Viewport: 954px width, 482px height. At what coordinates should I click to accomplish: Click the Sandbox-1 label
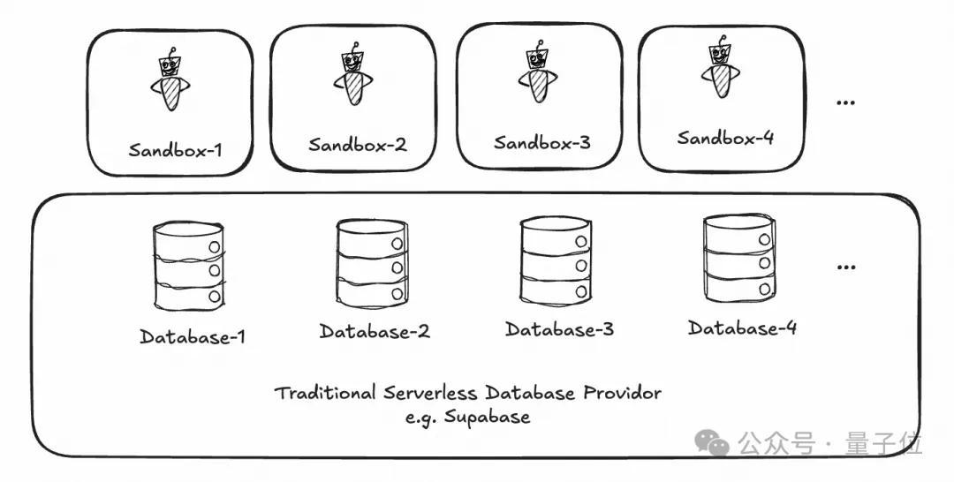(x=175, y=149)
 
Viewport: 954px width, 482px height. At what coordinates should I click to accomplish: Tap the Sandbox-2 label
(x=358, y=145)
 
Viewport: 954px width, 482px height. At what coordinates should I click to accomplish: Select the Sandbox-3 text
(x=542, y=143)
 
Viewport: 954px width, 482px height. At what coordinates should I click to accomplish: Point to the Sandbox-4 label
(x=726, y=138)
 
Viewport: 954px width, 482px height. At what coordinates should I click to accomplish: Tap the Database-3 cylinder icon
(x=556, y=260)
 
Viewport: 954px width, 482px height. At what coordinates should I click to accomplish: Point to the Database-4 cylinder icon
(x=740, y=258)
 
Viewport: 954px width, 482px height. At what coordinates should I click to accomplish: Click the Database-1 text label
(x=193, y=336)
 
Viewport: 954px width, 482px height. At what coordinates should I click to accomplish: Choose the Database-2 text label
(x=375, y=331)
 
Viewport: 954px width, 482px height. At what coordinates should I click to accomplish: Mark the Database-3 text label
(x=560, y=329)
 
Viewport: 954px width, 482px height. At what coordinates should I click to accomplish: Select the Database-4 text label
(x=742, y=328)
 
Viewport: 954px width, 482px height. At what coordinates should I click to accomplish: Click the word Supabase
(x=487, y=418)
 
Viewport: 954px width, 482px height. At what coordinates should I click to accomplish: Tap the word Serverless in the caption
(x=430, y=393)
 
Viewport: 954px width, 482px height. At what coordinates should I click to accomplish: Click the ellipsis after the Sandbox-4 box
(x=845, y=102)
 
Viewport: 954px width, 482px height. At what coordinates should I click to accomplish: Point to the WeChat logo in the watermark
(x=712, y=442)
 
